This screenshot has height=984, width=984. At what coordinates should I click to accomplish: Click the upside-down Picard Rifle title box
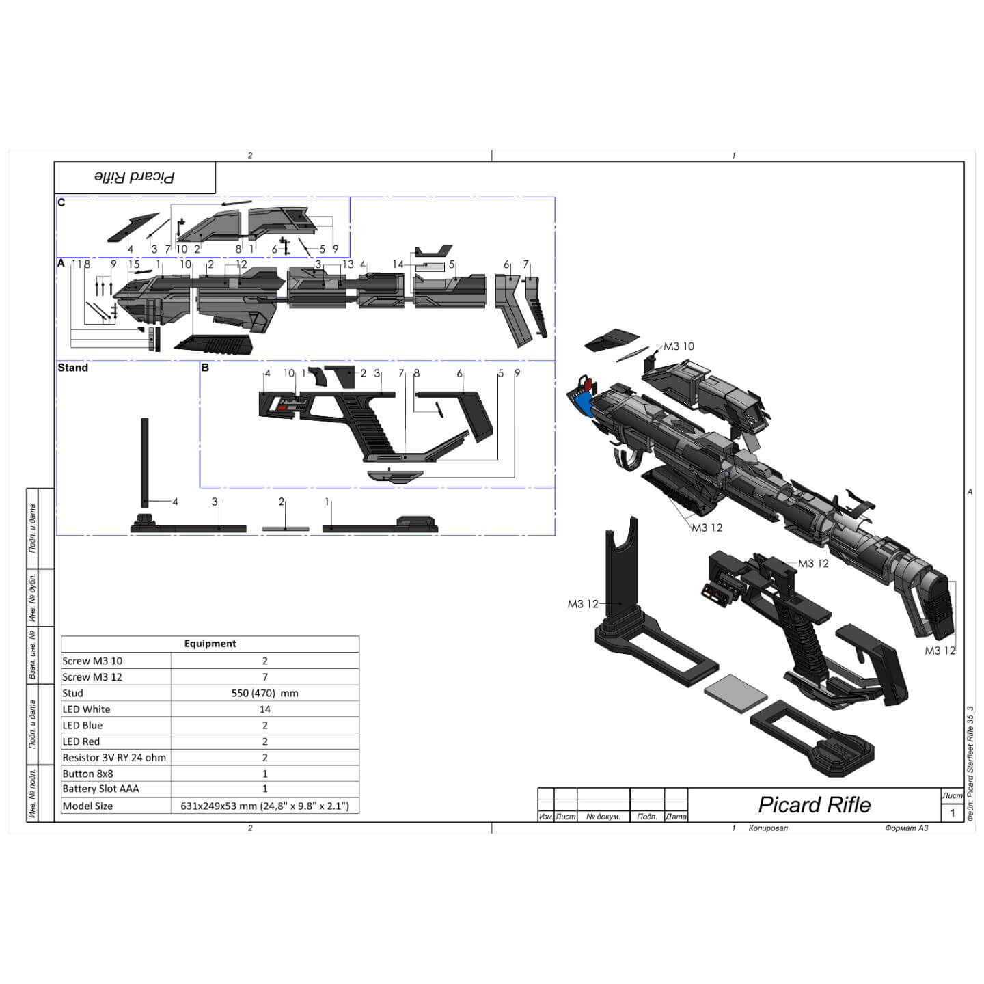[x=135, y=178]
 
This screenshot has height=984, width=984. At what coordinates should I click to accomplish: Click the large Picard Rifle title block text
[x=814, y=804]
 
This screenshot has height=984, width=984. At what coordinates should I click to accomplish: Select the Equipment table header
[x=210, y=644]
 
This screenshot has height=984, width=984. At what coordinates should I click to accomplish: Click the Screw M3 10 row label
[x=92, y=661]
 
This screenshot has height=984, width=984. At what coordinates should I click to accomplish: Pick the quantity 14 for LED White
[x=264, y=709]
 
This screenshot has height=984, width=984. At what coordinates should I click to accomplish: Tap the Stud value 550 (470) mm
[x=264, y=693]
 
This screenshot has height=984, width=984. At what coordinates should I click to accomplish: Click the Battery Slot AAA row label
[x=100, y=789]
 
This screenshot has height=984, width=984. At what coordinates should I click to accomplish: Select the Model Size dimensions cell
[x=264, y=806]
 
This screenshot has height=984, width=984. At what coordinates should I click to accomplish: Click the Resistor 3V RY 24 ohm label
[x=114, y=757]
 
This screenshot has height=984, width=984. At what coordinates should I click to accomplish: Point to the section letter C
[x=61, y=203]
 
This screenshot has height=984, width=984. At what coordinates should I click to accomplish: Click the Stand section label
[x=72, y=368]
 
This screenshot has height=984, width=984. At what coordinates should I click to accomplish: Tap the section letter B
[x=205, y=368]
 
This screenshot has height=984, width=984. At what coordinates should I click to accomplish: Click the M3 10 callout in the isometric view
[x=679, y=346]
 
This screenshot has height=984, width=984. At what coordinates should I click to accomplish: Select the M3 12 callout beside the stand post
[x=582, y=604]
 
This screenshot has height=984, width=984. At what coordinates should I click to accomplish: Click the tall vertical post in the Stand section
[x=145, y=465]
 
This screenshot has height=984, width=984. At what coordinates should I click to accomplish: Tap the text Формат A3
[x=906, y=828]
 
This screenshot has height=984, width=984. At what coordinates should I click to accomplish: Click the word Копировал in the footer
[x=768, y=828]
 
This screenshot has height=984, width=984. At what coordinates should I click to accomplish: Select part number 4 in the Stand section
[x=175, y=502]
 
